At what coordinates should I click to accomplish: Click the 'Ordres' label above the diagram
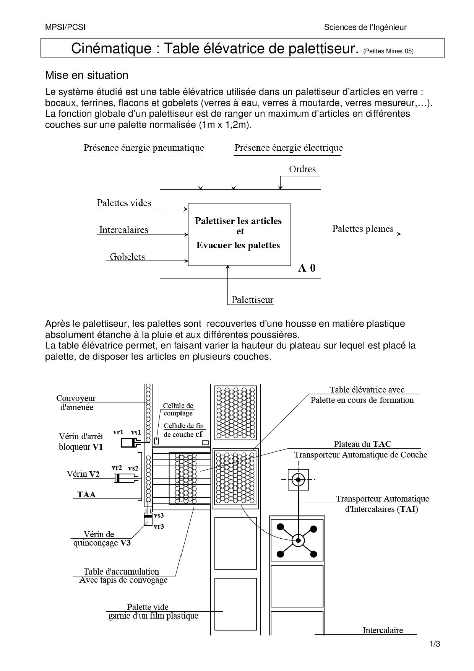click(x=302, y=169)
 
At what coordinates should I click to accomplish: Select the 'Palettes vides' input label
click(x=124, y=203)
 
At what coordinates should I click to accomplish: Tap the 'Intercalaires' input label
click(x=123, y=230)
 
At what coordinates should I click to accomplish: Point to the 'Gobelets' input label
click(x=127, y=257)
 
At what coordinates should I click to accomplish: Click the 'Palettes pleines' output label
click(x=362, y=229)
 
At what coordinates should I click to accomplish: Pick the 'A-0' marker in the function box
click(x=307, y=268)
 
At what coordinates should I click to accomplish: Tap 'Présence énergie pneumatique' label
click(x=144, y=148)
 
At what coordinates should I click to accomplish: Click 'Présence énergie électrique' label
click(x=289, y=148)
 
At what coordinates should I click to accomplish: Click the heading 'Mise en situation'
click(x=87, y=75)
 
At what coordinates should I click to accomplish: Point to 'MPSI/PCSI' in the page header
click(x=65, y=27)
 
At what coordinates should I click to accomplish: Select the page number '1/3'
click(x=435, y=644)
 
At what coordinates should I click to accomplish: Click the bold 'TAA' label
click(x=86, y=494)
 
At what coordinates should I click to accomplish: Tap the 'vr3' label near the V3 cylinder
click(x=159, y=526)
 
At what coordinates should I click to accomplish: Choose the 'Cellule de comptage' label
click(x=178, y=409)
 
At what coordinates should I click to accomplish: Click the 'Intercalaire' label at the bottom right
click(x=383, y=630)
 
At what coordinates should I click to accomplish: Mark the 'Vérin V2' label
click(x=83, y=474)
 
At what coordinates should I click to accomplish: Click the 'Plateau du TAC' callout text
click(x=362, y=444)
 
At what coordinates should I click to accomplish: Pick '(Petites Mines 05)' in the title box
click(x=388, y=51)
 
